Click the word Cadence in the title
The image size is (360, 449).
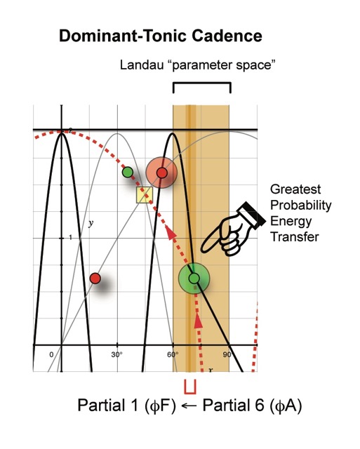point(227,36)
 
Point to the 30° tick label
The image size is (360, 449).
point(117,355)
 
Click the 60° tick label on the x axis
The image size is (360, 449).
point(173,355)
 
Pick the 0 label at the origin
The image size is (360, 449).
point(51,355)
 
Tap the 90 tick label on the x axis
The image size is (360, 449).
point(227,355)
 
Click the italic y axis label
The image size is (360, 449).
point(91,223)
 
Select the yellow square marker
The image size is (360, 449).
point(145,195)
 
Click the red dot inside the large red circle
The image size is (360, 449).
point(162,173)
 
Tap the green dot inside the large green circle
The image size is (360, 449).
point(194,278)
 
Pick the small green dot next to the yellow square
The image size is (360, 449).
point(128,172)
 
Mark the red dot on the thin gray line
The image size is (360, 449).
point(95,278)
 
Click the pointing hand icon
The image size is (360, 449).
point(233,229)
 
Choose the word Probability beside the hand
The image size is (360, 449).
point(301,206)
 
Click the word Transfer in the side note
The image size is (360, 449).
point(295,237)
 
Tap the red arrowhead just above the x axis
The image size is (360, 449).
point(198,321)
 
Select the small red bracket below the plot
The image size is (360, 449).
point(190,387)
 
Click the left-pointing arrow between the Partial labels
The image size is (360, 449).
point(189,406)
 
